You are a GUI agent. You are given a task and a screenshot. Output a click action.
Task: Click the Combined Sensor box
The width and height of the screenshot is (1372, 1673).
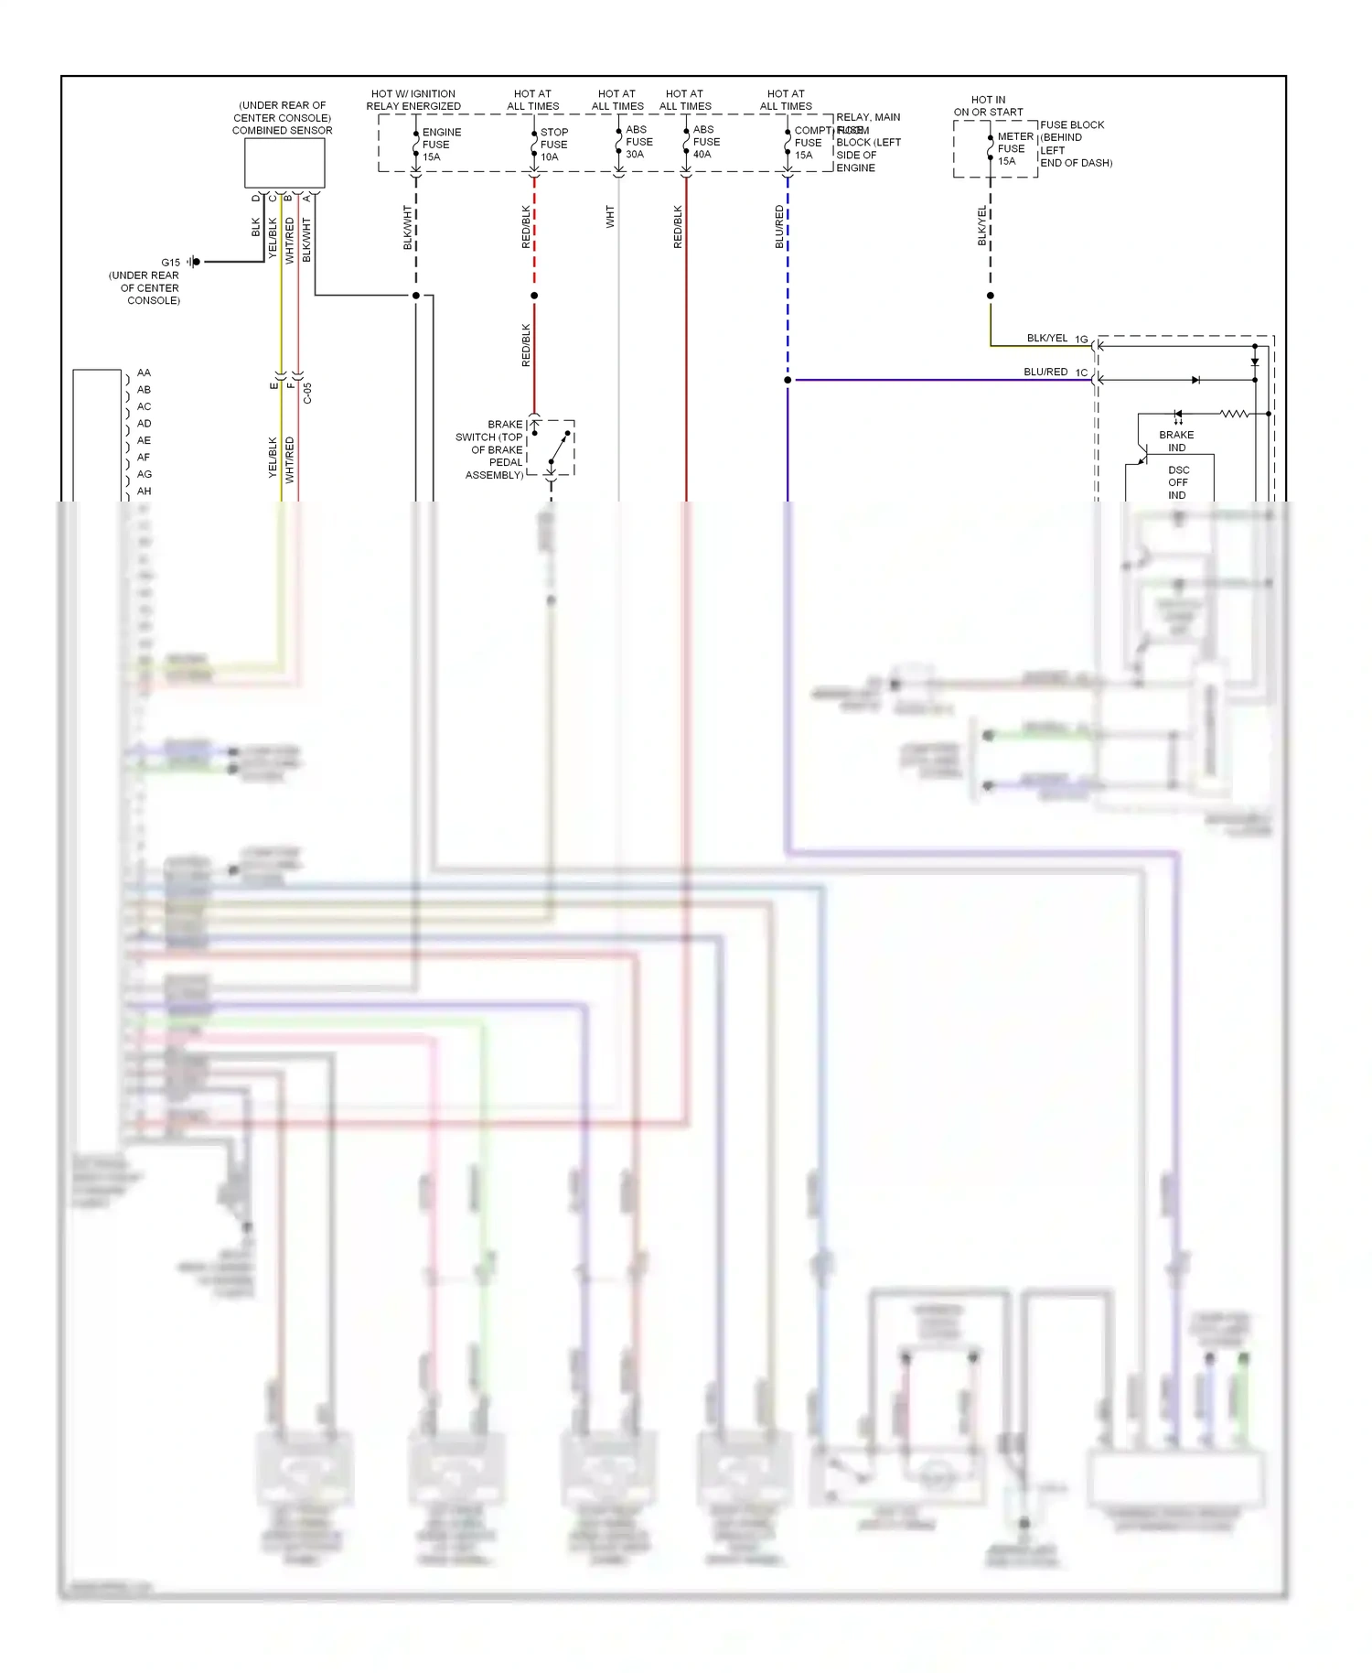pos(284,163)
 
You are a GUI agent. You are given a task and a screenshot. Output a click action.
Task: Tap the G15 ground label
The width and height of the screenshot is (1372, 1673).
pos(171,263)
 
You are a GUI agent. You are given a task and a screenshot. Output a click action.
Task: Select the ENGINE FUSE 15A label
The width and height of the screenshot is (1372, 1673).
pos(441,145)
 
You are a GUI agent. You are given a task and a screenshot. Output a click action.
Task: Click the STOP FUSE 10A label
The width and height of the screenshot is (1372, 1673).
pos(553,145)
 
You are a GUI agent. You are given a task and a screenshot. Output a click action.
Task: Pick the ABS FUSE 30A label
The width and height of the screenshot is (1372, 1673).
pos(638,142)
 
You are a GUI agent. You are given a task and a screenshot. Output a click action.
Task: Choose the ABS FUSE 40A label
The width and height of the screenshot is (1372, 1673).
pos(706,142)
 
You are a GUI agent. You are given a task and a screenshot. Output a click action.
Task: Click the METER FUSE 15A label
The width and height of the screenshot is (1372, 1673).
pos(1014,148)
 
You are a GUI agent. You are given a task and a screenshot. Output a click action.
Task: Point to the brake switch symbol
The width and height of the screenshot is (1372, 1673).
pos(557,448)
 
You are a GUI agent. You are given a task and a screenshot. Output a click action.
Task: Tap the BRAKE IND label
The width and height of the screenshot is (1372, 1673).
pos(1176,441)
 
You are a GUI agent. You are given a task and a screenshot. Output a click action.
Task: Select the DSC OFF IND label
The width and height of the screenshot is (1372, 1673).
pos(1178,482)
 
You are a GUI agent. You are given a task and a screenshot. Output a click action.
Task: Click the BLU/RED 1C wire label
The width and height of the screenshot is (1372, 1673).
pos(1055,372)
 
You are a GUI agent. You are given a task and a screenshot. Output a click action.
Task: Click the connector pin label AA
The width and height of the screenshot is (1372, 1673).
pos(144,372)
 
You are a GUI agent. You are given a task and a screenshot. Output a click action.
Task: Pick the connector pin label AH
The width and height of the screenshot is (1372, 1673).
pos(144,491)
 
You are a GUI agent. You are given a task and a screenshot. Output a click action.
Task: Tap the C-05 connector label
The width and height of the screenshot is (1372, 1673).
pos(307,394)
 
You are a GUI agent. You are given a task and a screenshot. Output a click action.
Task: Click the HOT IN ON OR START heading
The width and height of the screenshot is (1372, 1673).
pos(988,106)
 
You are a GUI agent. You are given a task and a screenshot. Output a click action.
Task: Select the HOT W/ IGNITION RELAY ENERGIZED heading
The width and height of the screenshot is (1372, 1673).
pos(413,100)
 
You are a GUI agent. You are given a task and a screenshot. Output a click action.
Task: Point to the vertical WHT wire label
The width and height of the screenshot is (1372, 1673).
pos(610,217)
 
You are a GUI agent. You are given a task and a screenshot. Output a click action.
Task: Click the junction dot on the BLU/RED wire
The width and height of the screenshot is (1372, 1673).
pos(788,380)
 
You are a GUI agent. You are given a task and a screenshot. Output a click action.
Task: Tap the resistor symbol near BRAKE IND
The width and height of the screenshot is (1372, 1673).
pos(1234,414)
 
